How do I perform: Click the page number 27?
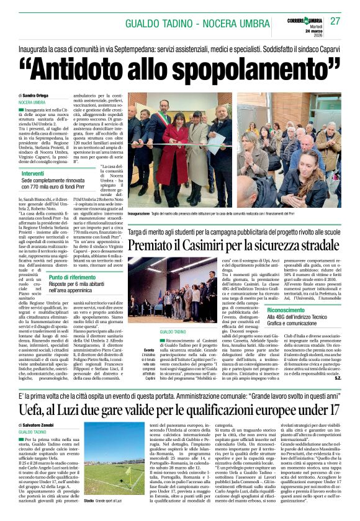pos(335,21)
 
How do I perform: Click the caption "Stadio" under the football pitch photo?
pos(89,500)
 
